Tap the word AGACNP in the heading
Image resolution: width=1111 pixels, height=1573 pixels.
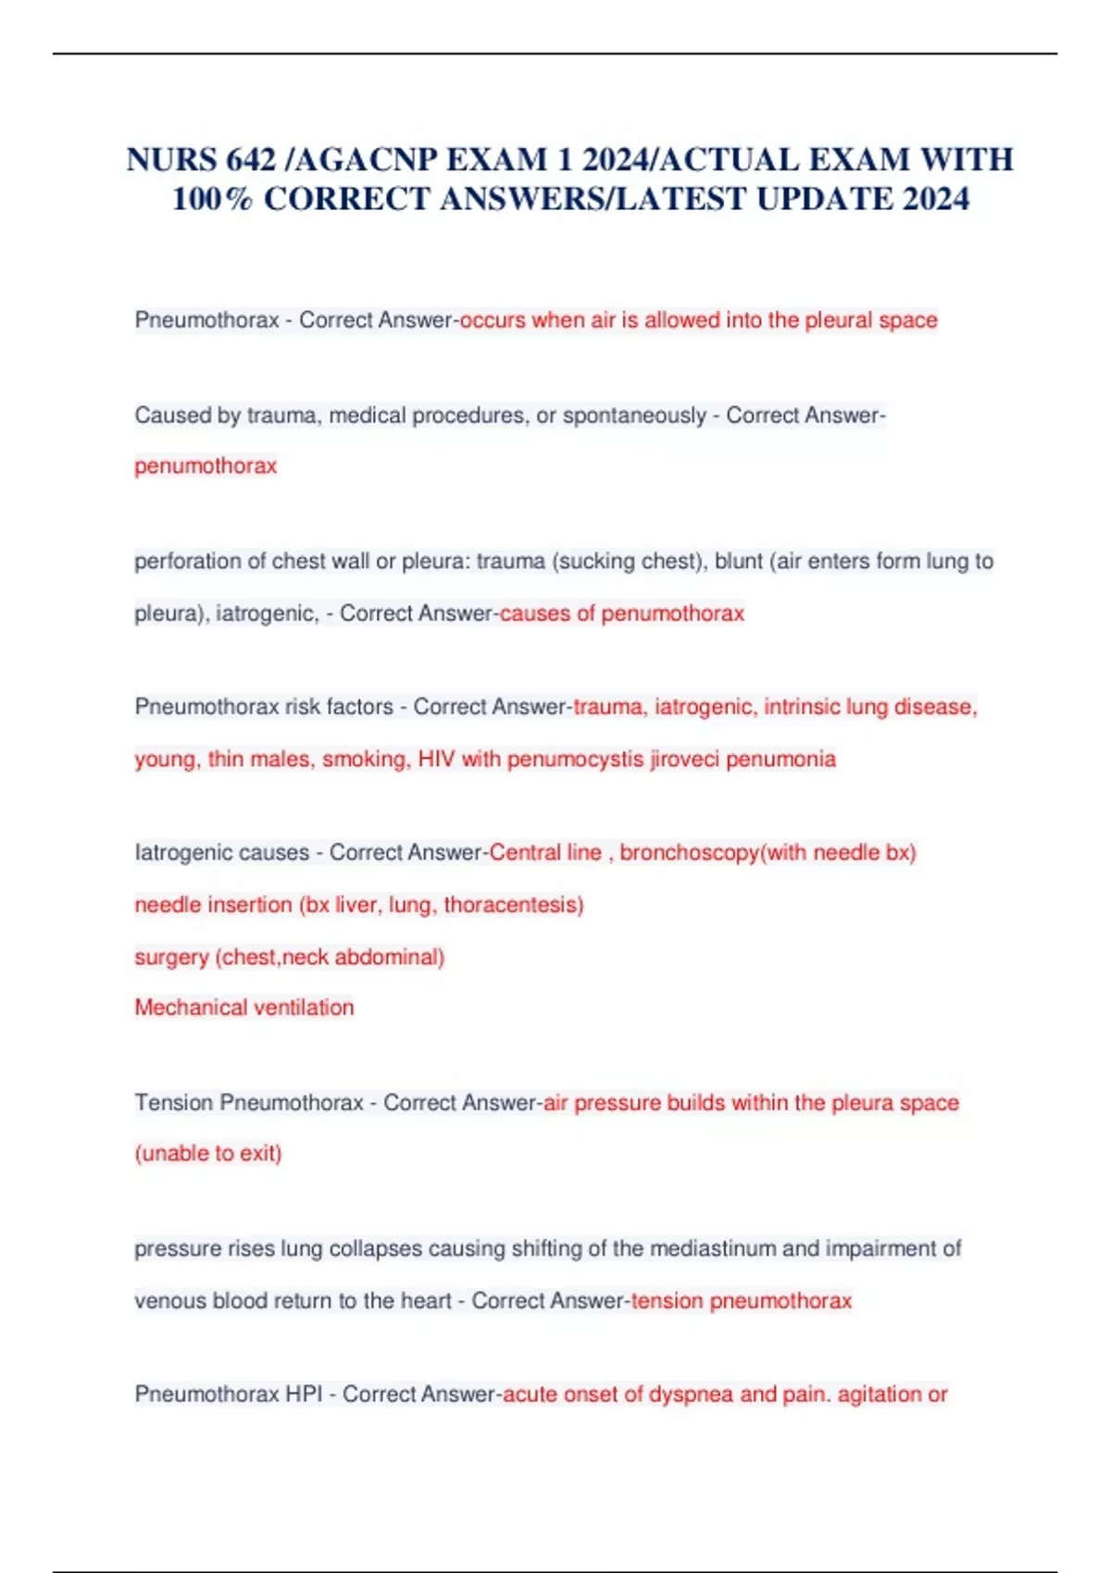click(x=364, y=160)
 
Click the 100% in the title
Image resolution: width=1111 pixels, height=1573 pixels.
click(x=212, y=199)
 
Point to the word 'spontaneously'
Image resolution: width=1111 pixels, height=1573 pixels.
click(x=634, y=415)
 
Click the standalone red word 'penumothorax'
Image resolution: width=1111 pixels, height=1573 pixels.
click(x=206, y=465)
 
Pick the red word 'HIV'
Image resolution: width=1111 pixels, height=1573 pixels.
click(x=436, y=760)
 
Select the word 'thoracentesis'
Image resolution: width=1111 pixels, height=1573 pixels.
click(x=513, y=905)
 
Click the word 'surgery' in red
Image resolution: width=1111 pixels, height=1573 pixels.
click(x=171, y=957)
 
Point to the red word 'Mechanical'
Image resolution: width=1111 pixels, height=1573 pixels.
click(x=186, y=1008)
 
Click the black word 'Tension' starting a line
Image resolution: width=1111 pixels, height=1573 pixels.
click(x=175, y=1103)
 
